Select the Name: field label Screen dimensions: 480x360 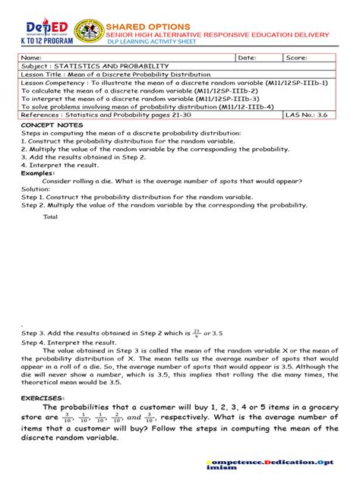click(x=31, y=58)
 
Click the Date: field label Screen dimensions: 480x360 click(x=247, y=58)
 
